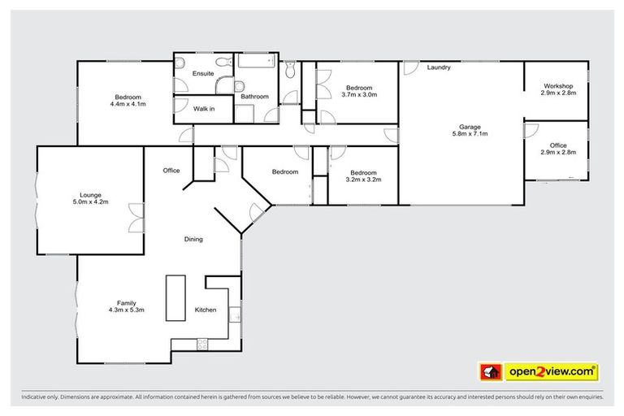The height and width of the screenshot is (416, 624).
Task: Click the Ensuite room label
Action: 203,74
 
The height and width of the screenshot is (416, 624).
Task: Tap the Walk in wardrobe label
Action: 203,108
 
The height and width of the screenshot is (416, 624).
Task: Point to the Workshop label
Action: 558,89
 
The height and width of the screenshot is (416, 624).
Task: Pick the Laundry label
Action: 439,67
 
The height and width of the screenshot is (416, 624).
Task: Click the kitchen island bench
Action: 175,298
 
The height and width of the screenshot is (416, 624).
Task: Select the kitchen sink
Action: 234,313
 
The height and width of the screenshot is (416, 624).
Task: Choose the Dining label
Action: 193,239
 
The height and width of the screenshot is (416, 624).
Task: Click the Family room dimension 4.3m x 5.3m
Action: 125,310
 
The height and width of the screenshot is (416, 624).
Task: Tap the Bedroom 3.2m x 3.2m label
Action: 363,176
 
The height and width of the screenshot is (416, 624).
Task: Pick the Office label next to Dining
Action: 171,171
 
